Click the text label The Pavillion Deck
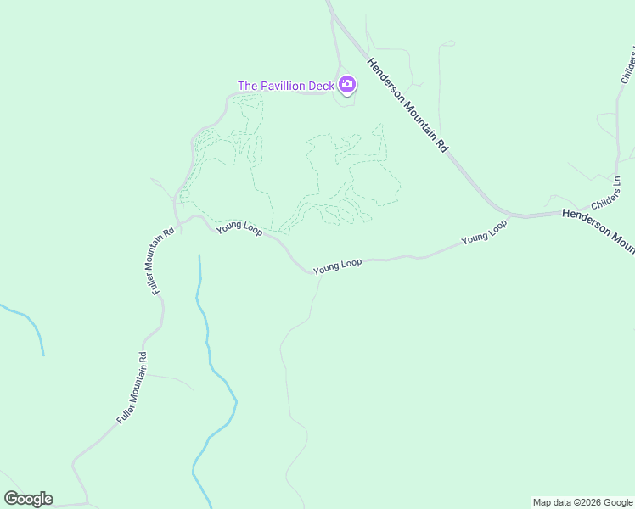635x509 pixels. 285,86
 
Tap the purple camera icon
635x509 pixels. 346,85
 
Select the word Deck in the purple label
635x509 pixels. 321,86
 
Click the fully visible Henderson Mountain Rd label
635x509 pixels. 407,104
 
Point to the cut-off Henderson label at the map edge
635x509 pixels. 598,230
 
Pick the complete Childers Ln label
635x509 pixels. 608,195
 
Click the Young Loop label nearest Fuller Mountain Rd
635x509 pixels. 239,227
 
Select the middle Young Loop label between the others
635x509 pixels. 337,266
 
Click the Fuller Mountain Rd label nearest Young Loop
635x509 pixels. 162,260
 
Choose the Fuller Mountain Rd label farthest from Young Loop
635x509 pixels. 132,388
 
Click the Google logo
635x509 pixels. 28,498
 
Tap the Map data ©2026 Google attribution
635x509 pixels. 582,502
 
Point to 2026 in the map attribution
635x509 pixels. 589,502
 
